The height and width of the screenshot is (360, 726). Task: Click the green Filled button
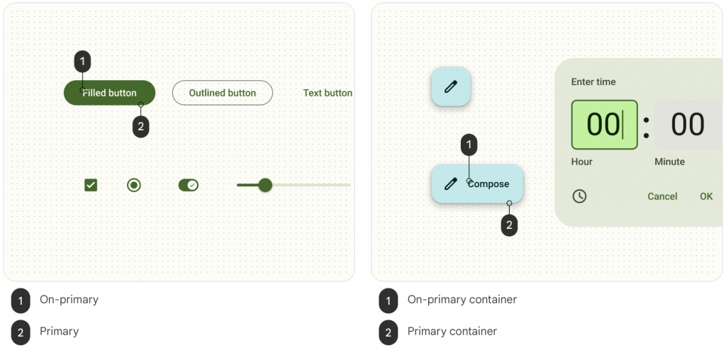pos(109,93)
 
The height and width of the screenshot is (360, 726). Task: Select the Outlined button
pos(222,93)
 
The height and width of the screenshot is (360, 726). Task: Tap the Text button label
pos(328,93)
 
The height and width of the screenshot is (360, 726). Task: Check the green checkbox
pos(91,185)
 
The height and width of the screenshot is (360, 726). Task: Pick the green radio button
pos(134,185)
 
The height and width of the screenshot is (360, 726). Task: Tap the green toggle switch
pos(189,185)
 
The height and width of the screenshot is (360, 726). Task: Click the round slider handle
pos(265,185)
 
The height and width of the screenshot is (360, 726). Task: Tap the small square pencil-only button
pos(451,86)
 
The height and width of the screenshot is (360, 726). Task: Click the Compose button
pos(477,184)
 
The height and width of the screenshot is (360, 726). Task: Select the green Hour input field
pos(604,125)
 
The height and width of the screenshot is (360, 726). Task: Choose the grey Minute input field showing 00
pos(688,125)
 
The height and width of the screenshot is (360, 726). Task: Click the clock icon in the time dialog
pos(579,196)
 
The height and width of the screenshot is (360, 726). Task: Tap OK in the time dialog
pos(706,197)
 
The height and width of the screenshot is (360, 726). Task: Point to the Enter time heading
pos(593,82)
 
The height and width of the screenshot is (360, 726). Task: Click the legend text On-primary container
pos(462,299)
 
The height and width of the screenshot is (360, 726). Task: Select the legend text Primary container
pos(452,332)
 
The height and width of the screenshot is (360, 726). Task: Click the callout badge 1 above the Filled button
pos(82,61)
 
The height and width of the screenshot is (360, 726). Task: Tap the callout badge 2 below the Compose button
pos(509,225)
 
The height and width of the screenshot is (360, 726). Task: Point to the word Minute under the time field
pos(669,162)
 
